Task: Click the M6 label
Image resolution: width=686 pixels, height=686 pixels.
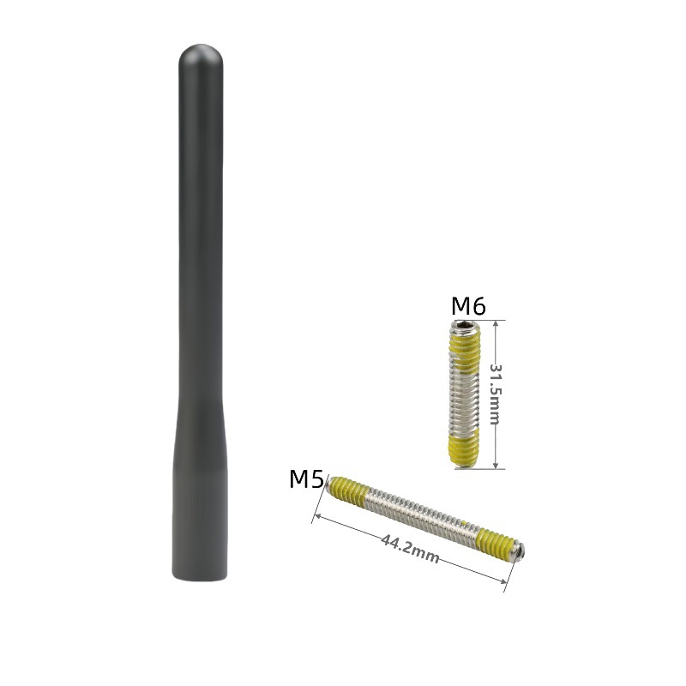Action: (468, 306)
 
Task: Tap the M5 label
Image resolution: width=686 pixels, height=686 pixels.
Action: (306, 479)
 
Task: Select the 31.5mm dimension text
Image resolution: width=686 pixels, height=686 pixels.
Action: (495, 394)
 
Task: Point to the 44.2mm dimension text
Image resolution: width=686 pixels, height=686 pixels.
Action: (410, 548)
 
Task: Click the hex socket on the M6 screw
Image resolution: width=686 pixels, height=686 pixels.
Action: (465, 325)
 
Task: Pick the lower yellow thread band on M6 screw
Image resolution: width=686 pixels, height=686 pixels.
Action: (464, 449)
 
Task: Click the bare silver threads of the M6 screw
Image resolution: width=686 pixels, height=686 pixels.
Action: (465, 400)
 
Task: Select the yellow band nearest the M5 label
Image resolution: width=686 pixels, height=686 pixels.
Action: (349, 490)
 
